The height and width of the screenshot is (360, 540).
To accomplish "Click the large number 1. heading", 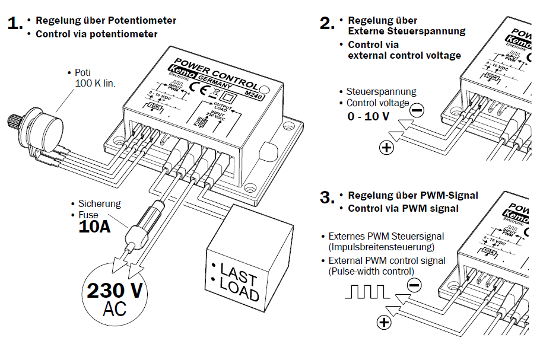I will pyautogui.click(x=15, y=24).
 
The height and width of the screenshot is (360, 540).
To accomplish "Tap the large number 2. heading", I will pyautogui.click(x=327, y=24).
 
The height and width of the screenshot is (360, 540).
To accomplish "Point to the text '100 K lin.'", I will pyautogui.click(x=96, y=83).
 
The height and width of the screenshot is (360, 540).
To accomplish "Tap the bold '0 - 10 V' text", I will pyautogui.click(x=369, y=116).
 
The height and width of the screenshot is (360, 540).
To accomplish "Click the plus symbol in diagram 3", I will pyautogui.click(x=385, y=322).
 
